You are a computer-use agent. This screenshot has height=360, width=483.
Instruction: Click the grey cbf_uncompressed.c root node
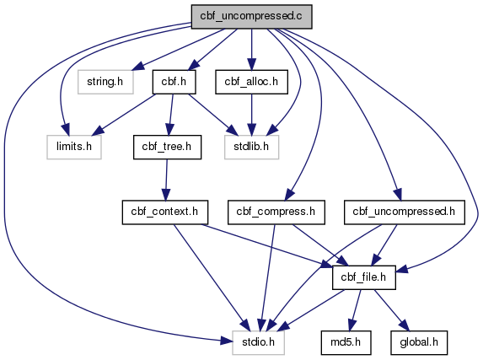252,17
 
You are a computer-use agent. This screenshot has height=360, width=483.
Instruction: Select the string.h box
105,82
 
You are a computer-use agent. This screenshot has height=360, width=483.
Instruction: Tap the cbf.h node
174,82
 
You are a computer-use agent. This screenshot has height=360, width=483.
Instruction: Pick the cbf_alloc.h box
252,82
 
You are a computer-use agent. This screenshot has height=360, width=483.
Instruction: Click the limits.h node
74,147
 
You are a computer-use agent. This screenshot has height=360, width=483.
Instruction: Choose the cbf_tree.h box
167,147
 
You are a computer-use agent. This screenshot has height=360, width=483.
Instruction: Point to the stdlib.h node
252,147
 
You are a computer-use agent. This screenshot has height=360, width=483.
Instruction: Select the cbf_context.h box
165,212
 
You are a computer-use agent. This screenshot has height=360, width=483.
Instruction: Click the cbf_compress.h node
276,212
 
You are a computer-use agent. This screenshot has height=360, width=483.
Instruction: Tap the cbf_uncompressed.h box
404,212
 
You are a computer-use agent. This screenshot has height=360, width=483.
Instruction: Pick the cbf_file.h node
364,277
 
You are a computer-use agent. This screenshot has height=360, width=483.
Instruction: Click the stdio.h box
258,342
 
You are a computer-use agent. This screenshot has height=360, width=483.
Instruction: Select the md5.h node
346,342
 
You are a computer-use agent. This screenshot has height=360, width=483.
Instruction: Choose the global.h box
419,342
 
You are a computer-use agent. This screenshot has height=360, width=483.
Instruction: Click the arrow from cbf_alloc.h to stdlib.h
252,115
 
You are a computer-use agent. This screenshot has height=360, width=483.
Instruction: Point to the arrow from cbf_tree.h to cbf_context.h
166,180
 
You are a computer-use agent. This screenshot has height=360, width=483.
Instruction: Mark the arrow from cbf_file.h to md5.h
355,310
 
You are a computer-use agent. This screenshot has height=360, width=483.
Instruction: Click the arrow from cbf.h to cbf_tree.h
170,115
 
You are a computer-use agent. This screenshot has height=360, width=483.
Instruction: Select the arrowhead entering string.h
138,66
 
